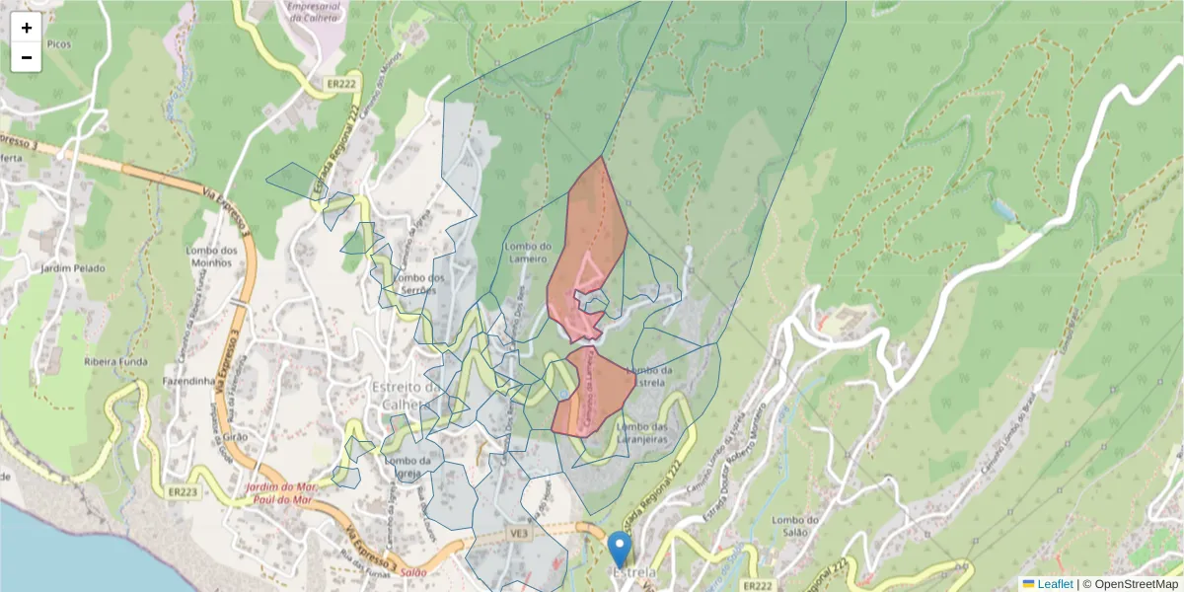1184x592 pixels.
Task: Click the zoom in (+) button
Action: click(x=27, y=28)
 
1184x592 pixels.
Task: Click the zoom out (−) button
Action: click(x=27, y=57)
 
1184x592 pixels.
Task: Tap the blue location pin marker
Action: click(x=619, y=549)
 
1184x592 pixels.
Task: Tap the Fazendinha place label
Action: click(x=189, y=380)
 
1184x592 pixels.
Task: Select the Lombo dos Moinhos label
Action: click(x=212, y=257)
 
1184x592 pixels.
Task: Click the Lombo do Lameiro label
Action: click(x=526, y=253)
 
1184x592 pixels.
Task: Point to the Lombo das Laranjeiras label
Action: click(x=642, y=432)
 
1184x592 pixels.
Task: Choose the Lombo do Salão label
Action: click(x=796, y=527)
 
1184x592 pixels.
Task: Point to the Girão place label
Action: click(x=236, y=435)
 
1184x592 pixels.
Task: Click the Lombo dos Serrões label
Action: click(x=420, y=283)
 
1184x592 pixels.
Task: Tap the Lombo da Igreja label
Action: click(x=407, y=466)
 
